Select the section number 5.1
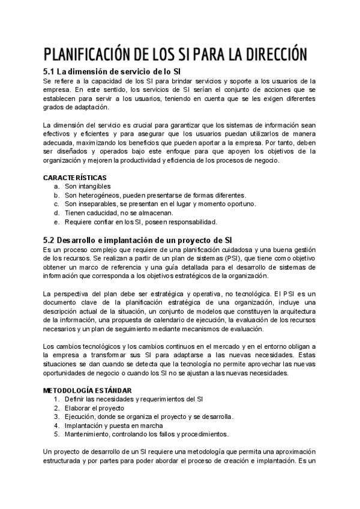point(50,71)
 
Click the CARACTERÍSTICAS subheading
point(75,178)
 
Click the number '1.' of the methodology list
point(56,399)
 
